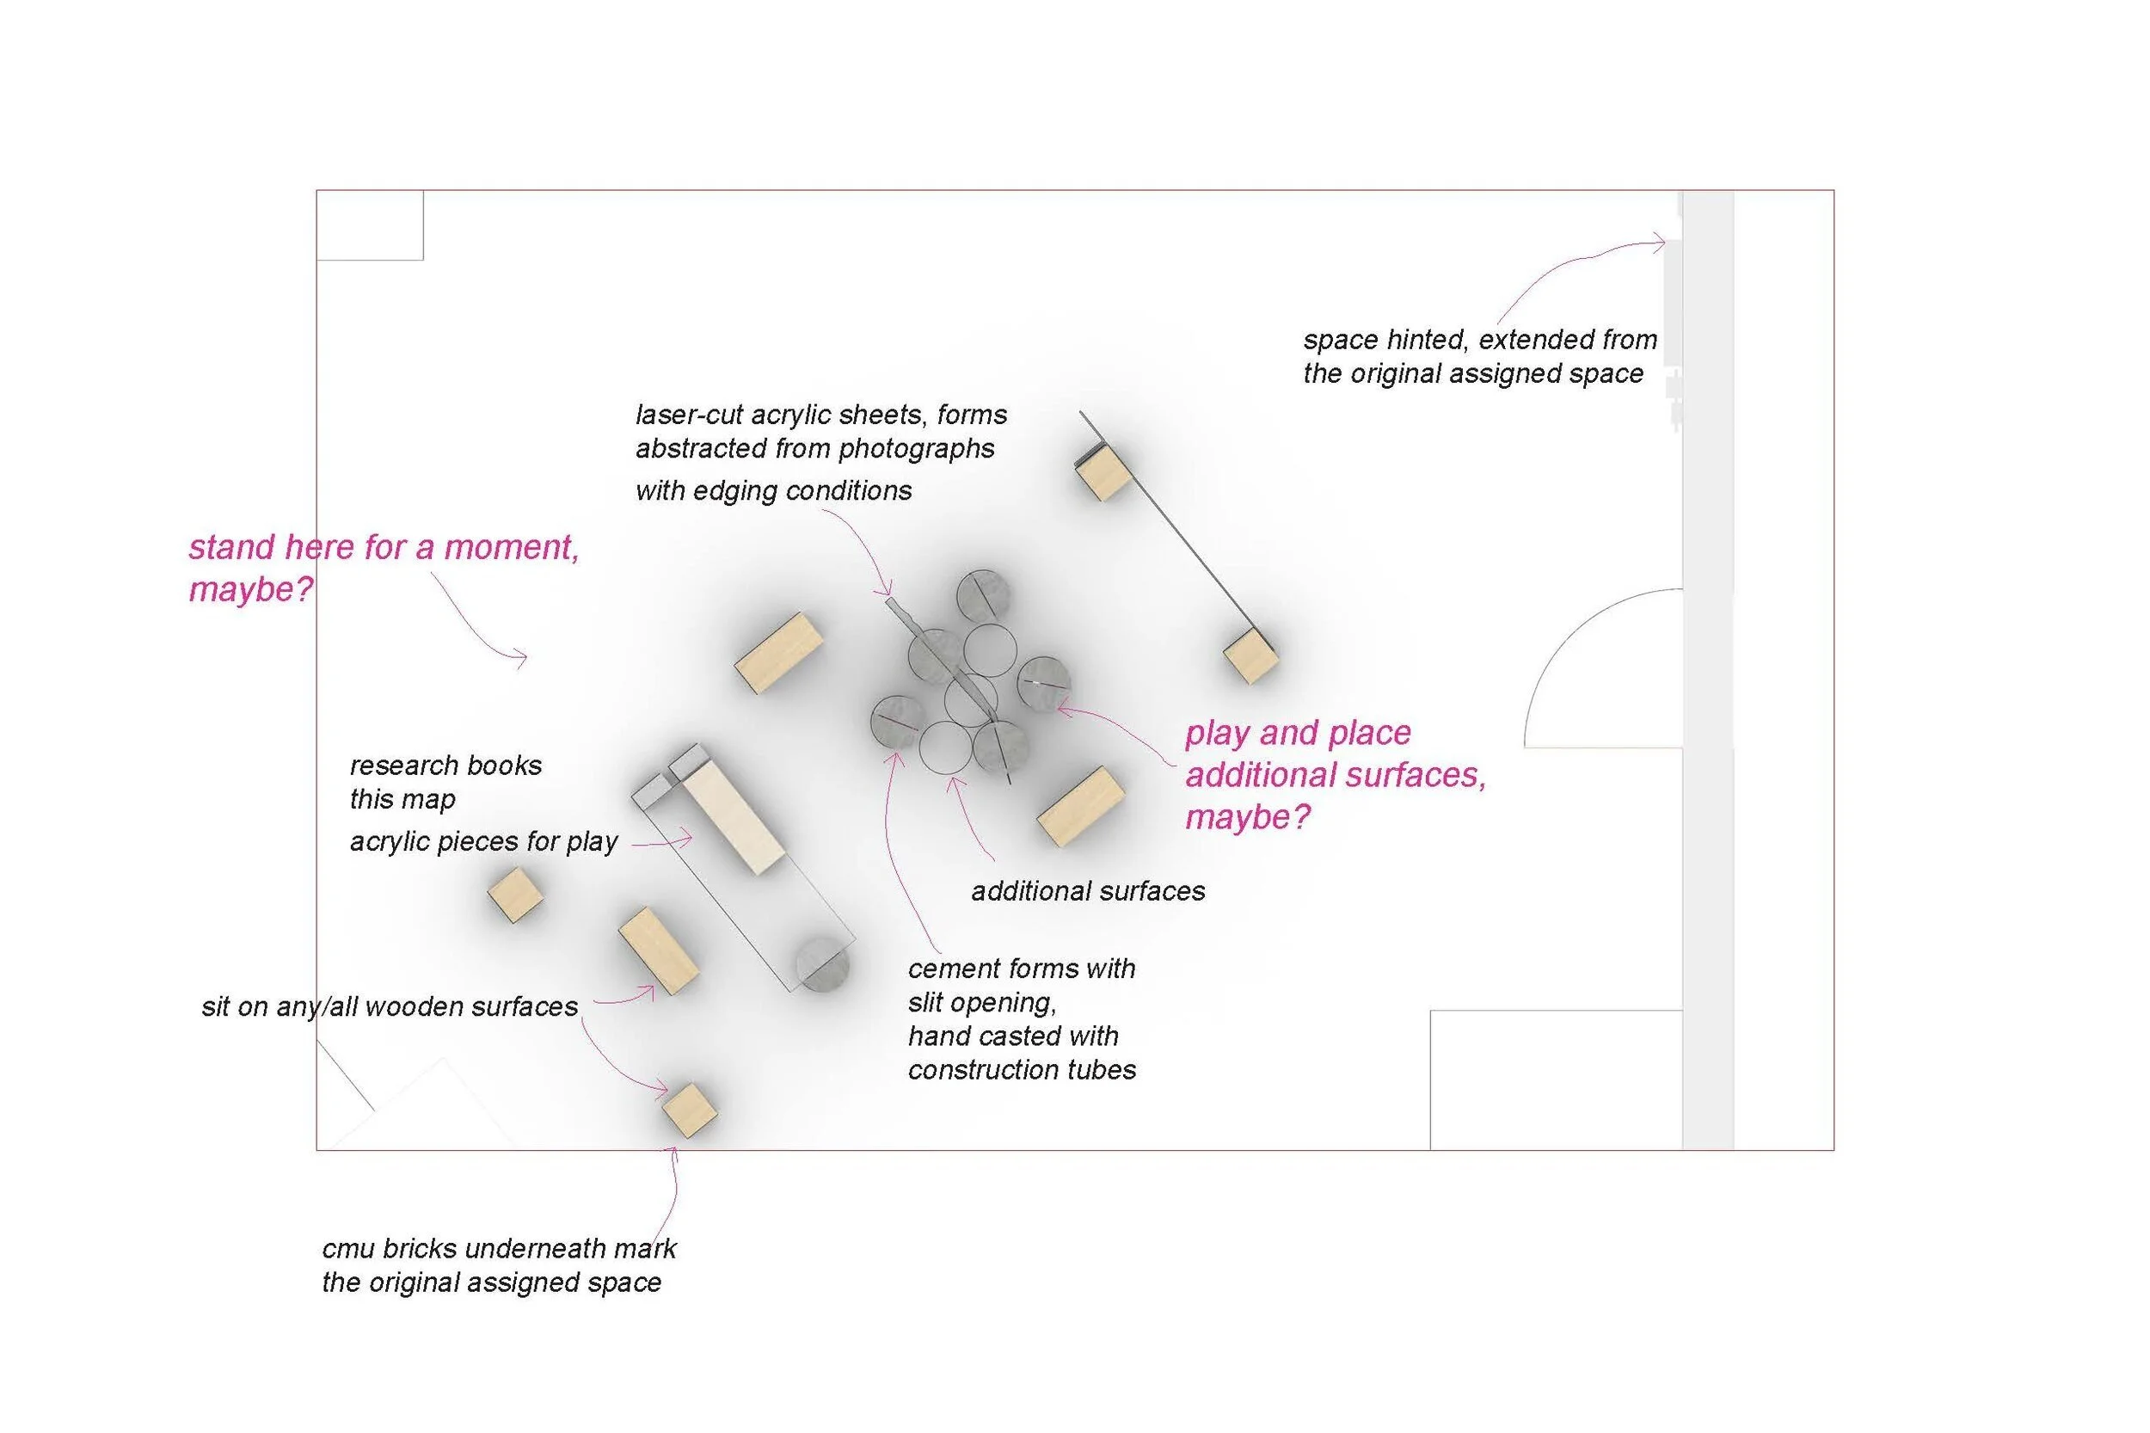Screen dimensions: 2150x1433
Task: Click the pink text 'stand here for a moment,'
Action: (x=383, y=547)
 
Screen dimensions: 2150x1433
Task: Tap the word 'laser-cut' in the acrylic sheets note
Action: (x=689, y=415)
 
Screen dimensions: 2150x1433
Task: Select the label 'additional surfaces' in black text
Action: (x=1087, y=891)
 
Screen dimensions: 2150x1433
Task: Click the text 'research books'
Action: (x=445, y=765)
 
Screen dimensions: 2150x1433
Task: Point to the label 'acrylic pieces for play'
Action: (x=483, y=841)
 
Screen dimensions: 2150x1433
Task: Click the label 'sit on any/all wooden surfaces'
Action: (x=390, y=1006)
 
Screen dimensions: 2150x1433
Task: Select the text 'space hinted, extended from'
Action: (x=1479, y=340)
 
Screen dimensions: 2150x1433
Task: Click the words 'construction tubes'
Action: (x=1022, y=1069)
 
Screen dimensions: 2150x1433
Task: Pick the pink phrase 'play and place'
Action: (x=1298, y=733)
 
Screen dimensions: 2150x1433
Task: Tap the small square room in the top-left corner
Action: (x=369, y=224)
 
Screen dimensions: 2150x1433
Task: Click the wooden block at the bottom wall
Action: (x=689, y=1110)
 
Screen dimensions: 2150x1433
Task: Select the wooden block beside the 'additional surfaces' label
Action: (x=1079, y=805)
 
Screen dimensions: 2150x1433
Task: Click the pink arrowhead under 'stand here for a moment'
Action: (x=522, y=657)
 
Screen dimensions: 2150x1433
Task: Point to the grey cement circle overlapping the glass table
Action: (x=821, y=965)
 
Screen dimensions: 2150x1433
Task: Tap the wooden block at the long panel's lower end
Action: (x=1250, y=655)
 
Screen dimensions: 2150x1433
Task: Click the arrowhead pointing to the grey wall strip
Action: (x=1661, y=243)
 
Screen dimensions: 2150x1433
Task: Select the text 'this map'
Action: (x=402, y=799)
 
